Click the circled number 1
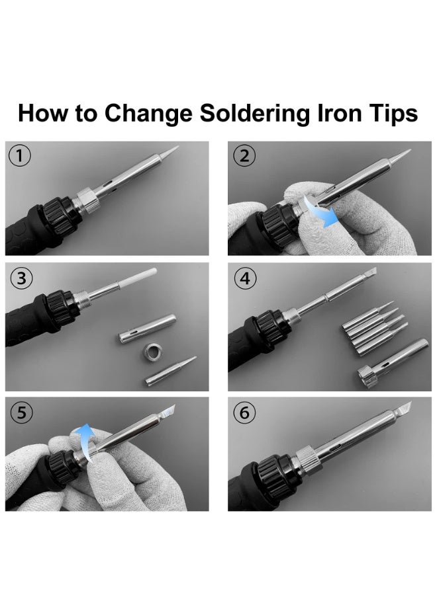click(x=19, y=156)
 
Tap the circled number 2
click(x=244, y=156)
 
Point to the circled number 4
click(x=246, y=278)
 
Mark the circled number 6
click(x=244, y=413)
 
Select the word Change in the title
click(x=148, y=114)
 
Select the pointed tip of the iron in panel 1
click(x=169, y=152)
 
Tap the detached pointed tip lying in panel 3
click(x=171, y=371)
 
